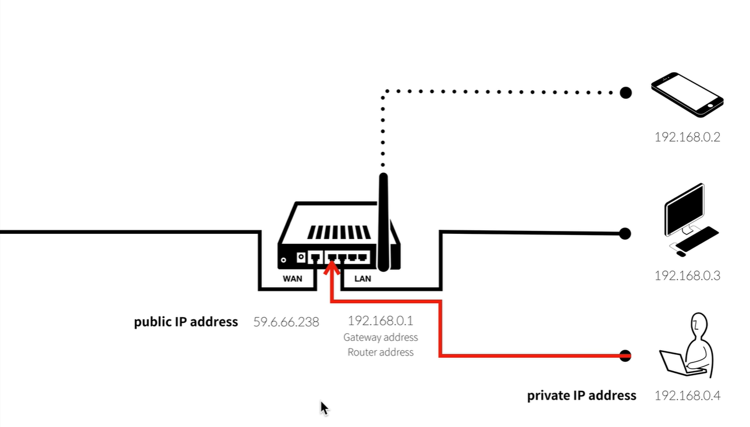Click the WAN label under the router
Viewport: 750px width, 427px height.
[292, 279]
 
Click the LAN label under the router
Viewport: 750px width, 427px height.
[362, 279]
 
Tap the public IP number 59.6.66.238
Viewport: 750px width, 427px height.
[286, 322]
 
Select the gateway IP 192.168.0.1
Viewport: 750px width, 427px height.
[381, 321]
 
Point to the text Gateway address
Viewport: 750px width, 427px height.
[381, 337]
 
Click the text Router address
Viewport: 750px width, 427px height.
[381, 352]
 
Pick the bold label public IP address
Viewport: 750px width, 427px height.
[186, 322]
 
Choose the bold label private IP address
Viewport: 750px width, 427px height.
[582, 396]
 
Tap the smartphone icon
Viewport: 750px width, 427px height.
[687, 95]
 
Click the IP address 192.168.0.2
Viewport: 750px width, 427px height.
[687, 137]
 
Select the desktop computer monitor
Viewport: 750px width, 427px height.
[685, 209]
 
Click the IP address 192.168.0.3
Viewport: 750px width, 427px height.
[687, 276]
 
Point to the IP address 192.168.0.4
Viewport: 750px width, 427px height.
[687, 396]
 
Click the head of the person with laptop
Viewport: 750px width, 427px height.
[699, 325]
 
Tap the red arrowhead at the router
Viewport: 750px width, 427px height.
[332, 268]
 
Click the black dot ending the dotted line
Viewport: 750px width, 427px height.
[625, 92]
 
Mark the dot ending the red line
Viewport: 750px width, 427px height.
[625, 355]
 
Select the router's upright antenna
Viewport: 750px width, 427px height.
[383, 222]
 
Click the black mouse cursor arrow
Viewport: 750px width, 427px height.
[324, 408]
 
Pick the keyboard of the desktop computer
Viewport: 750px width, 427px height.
[697, 239]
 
